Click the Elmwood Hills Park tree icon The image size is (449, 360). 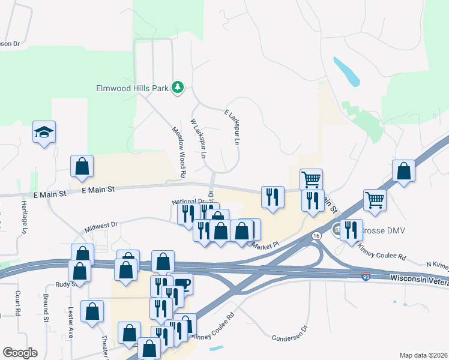point(178,88)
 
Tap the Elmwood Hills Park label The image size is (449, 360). point(132,88)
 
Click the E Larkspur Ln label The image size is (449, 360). point(232,127)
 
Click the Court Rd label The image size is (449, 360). point(17,304)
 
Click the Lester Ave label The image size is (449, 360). point(71,324)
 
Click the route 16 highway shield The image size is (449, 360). point(316,236)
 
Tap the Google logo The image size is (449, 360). point(20,353)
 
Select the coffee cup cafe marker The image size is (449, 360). point(182,284)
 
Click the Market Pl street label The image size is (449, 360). point(265,245)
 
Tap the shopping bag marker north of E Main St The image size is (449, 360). point(82,167)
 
